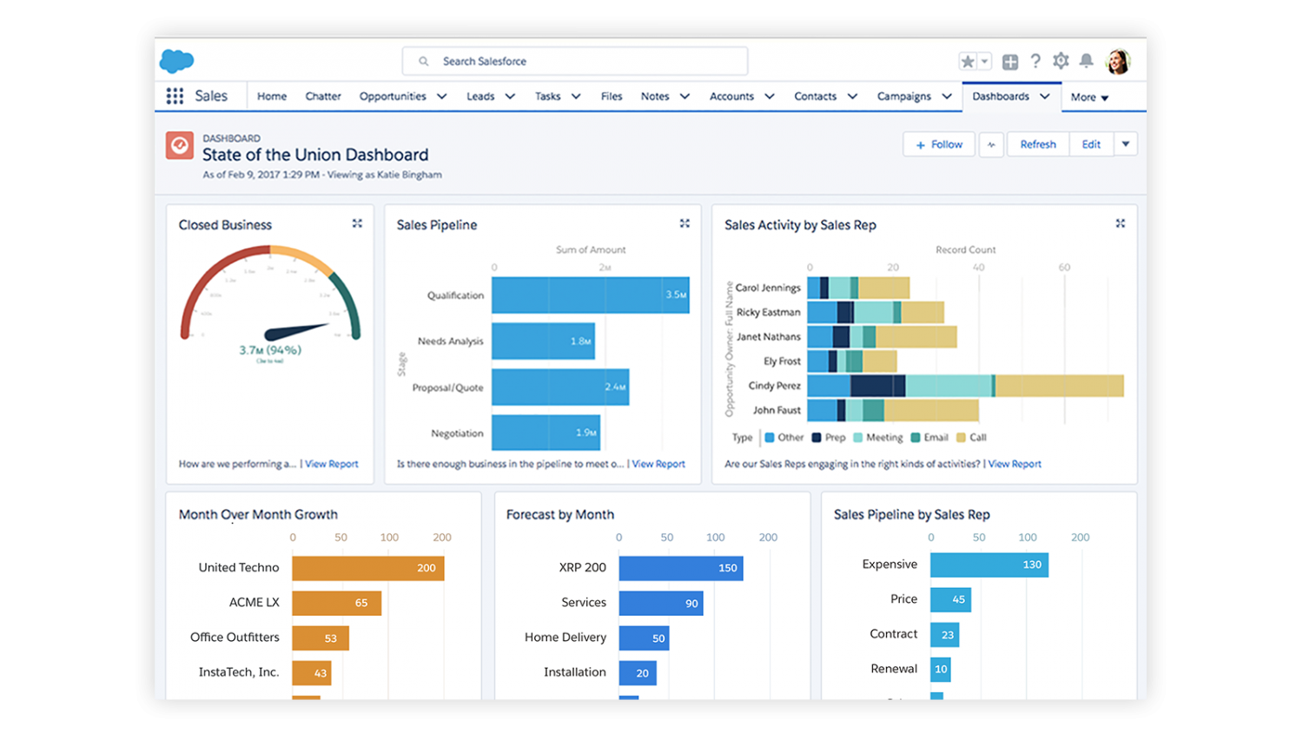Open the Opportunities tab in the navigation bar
coord(393,96)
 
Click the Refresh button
coord(1038,145)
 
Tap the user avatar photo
coord(1118,62)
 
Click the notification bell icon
coord(1086,61)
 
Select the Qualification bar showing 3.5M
coord(590,295)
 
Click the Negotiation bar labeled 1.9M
coord(546,433)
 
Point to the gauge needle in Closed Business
coord(295,331)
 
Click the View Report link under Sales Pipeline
coord(658,464)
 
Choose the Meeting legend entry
coord(878,438)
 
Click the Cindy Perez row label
coord(774,386)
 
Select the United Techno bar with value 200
coord(367,568)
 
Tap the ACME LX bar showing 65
coord(336,603)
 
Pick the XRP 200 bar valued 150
coord(680,568)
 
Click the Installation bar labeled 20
coord(638,673)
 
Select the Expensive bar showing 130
coord(989,565)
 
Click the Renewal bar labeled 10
coord(940,669)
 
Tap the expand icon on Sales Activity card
coord(1121,224)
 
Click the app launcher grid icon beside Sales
coord(175,96)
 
